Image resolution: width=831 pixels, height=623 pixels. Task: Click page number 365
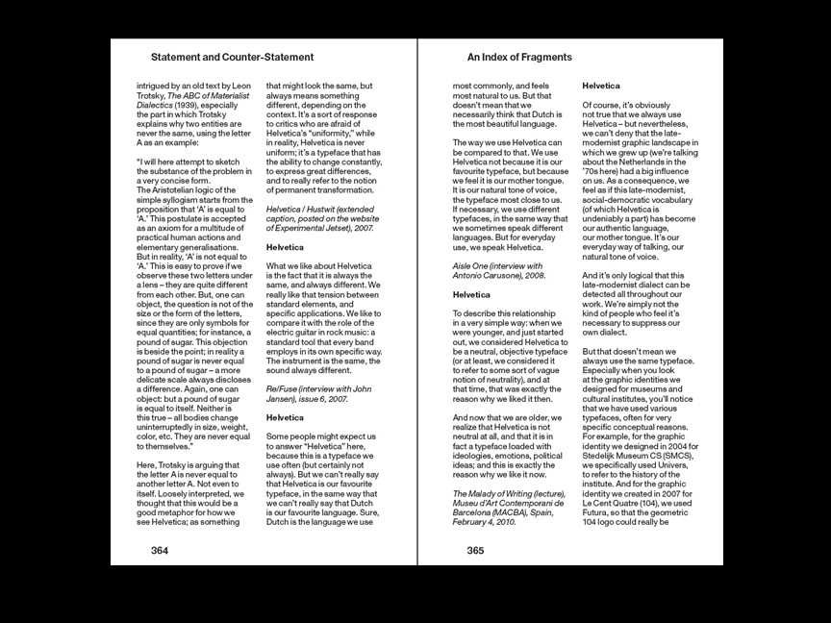[475, 551]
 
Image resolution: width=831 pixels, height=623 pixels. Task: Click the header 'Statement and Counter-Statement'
[233, 58]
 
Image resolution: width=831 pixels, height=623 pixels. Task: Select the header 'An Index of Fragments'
[519, 58]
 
